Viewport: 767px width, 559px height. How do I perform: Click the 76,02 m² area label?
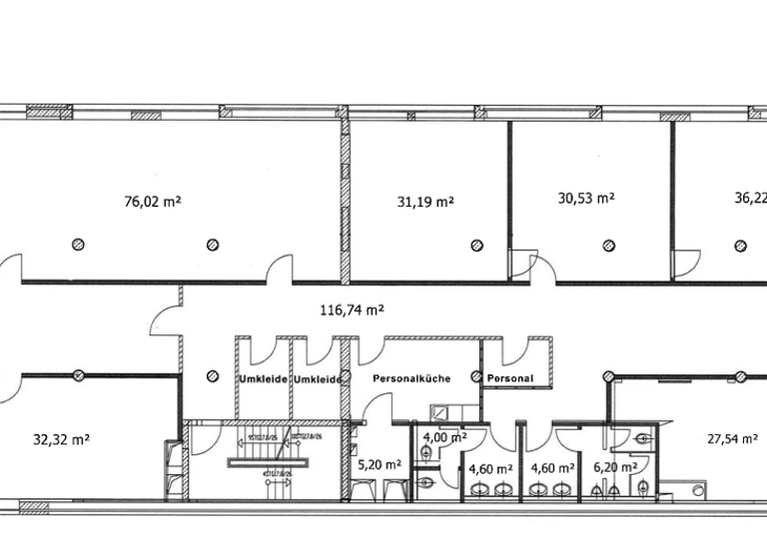click(152, 201)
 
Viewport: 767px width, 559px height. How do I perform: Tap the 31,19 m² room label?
click(425, 201)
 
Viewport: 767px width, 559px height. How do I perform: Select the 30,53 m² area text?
click(585, 199)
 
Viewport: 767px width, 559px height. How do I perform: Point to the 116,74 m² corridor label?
click(353, 310)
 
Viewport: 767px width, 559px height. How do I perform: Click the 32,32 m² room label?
click(62, 437)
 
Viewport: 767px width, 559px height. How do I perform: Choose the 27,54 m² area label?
click(732, 437)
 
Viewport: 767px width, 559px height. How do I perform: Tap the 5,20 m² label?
click(379, 464)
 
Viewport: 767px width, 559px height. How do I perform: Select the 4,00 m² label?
click(444, 437)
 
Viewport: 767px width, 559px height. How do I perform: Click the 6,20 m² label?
click(615, 466)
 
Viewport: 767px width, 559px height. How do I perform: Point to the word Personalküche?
click(411, 379)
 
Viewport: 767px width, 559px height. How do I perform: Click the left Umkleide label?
click(263, 379)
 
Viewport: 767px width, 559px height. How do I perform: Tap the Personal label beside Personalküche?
click(510, 379)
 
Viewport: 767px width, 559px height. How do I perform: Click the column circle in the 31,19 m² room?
click(476, 245)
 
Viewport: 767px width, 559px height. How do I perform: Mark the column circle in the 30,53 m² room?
click(607, 245)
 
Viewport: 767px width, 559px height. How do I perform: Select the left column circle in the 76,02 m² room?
click(78, 245)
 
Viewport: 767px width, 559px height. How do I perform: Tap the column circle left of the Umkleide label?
click(211, 376)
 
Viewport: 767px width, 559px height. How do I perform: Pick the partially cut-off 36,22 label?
click(750, 199)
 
